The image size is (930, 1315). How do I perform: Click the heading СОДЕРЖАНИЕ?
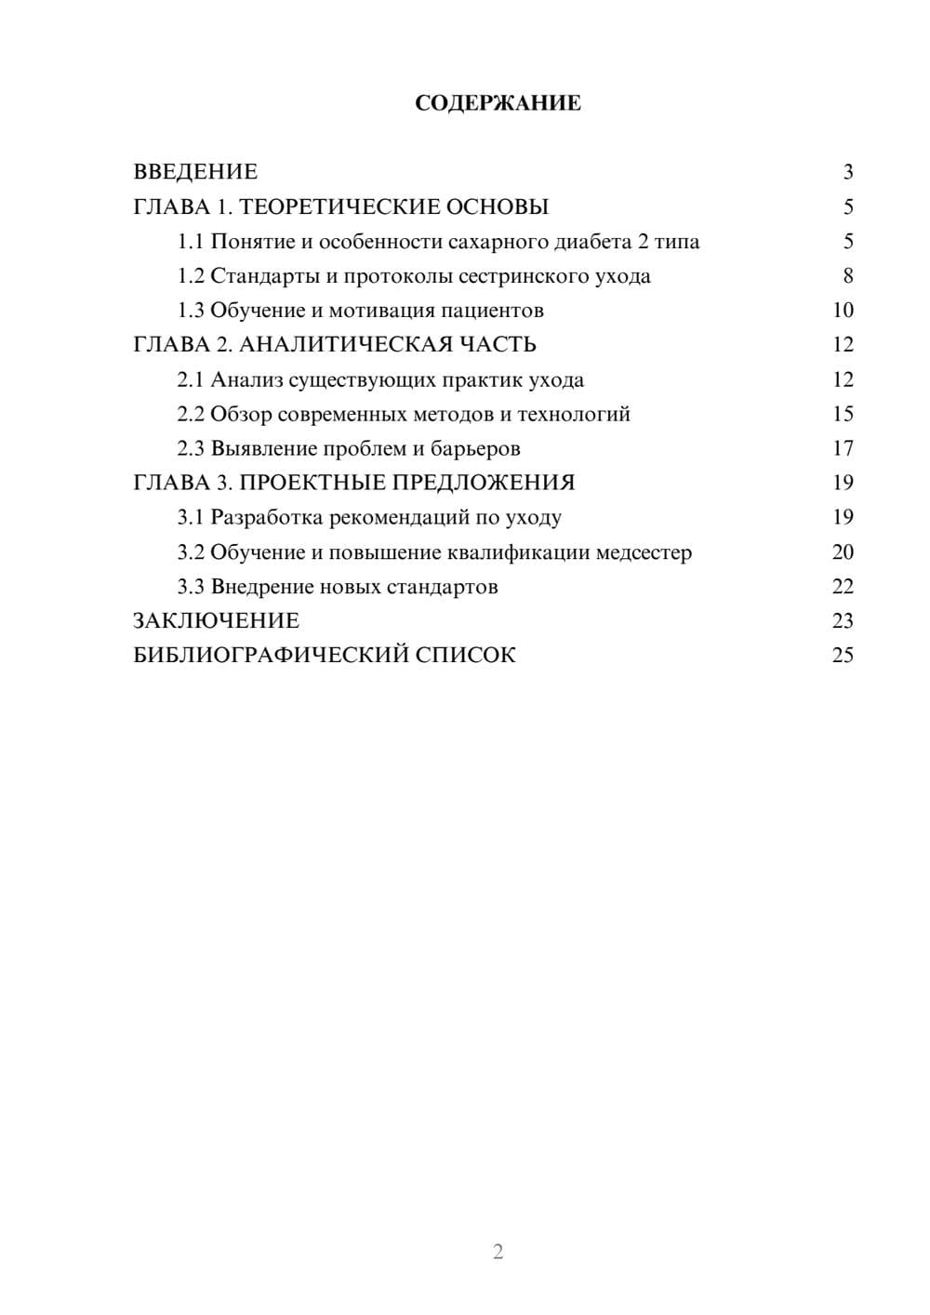click(x=498, y=103)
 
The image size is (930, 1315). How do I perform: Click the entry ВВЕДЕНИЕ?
click(x=195, y=172)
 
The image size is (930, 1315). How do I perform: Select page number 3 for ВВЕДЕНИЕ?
click(x=847, y=172)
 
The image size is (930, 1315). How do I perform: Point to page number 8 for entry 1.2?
click(x=847, y=276)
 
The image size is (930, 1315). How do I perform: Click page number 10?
click(x=843, y=311)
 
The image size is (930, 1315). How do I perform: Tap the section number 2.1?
click(x=191, y=379)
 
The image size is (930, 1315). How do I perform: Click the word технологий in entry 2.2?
click(x=574, y=414)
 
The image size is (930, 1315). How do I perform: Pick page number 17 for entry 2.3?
click(x=843, y=448)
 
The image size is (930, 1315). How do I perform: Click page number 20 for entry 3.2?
click(x=843, y=551)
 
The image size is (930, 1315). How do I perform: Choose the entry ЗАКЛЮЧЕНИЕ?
click(x=217, y=620)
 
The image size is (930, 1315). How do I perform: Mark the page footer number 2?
click(x=498, y=1252)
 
